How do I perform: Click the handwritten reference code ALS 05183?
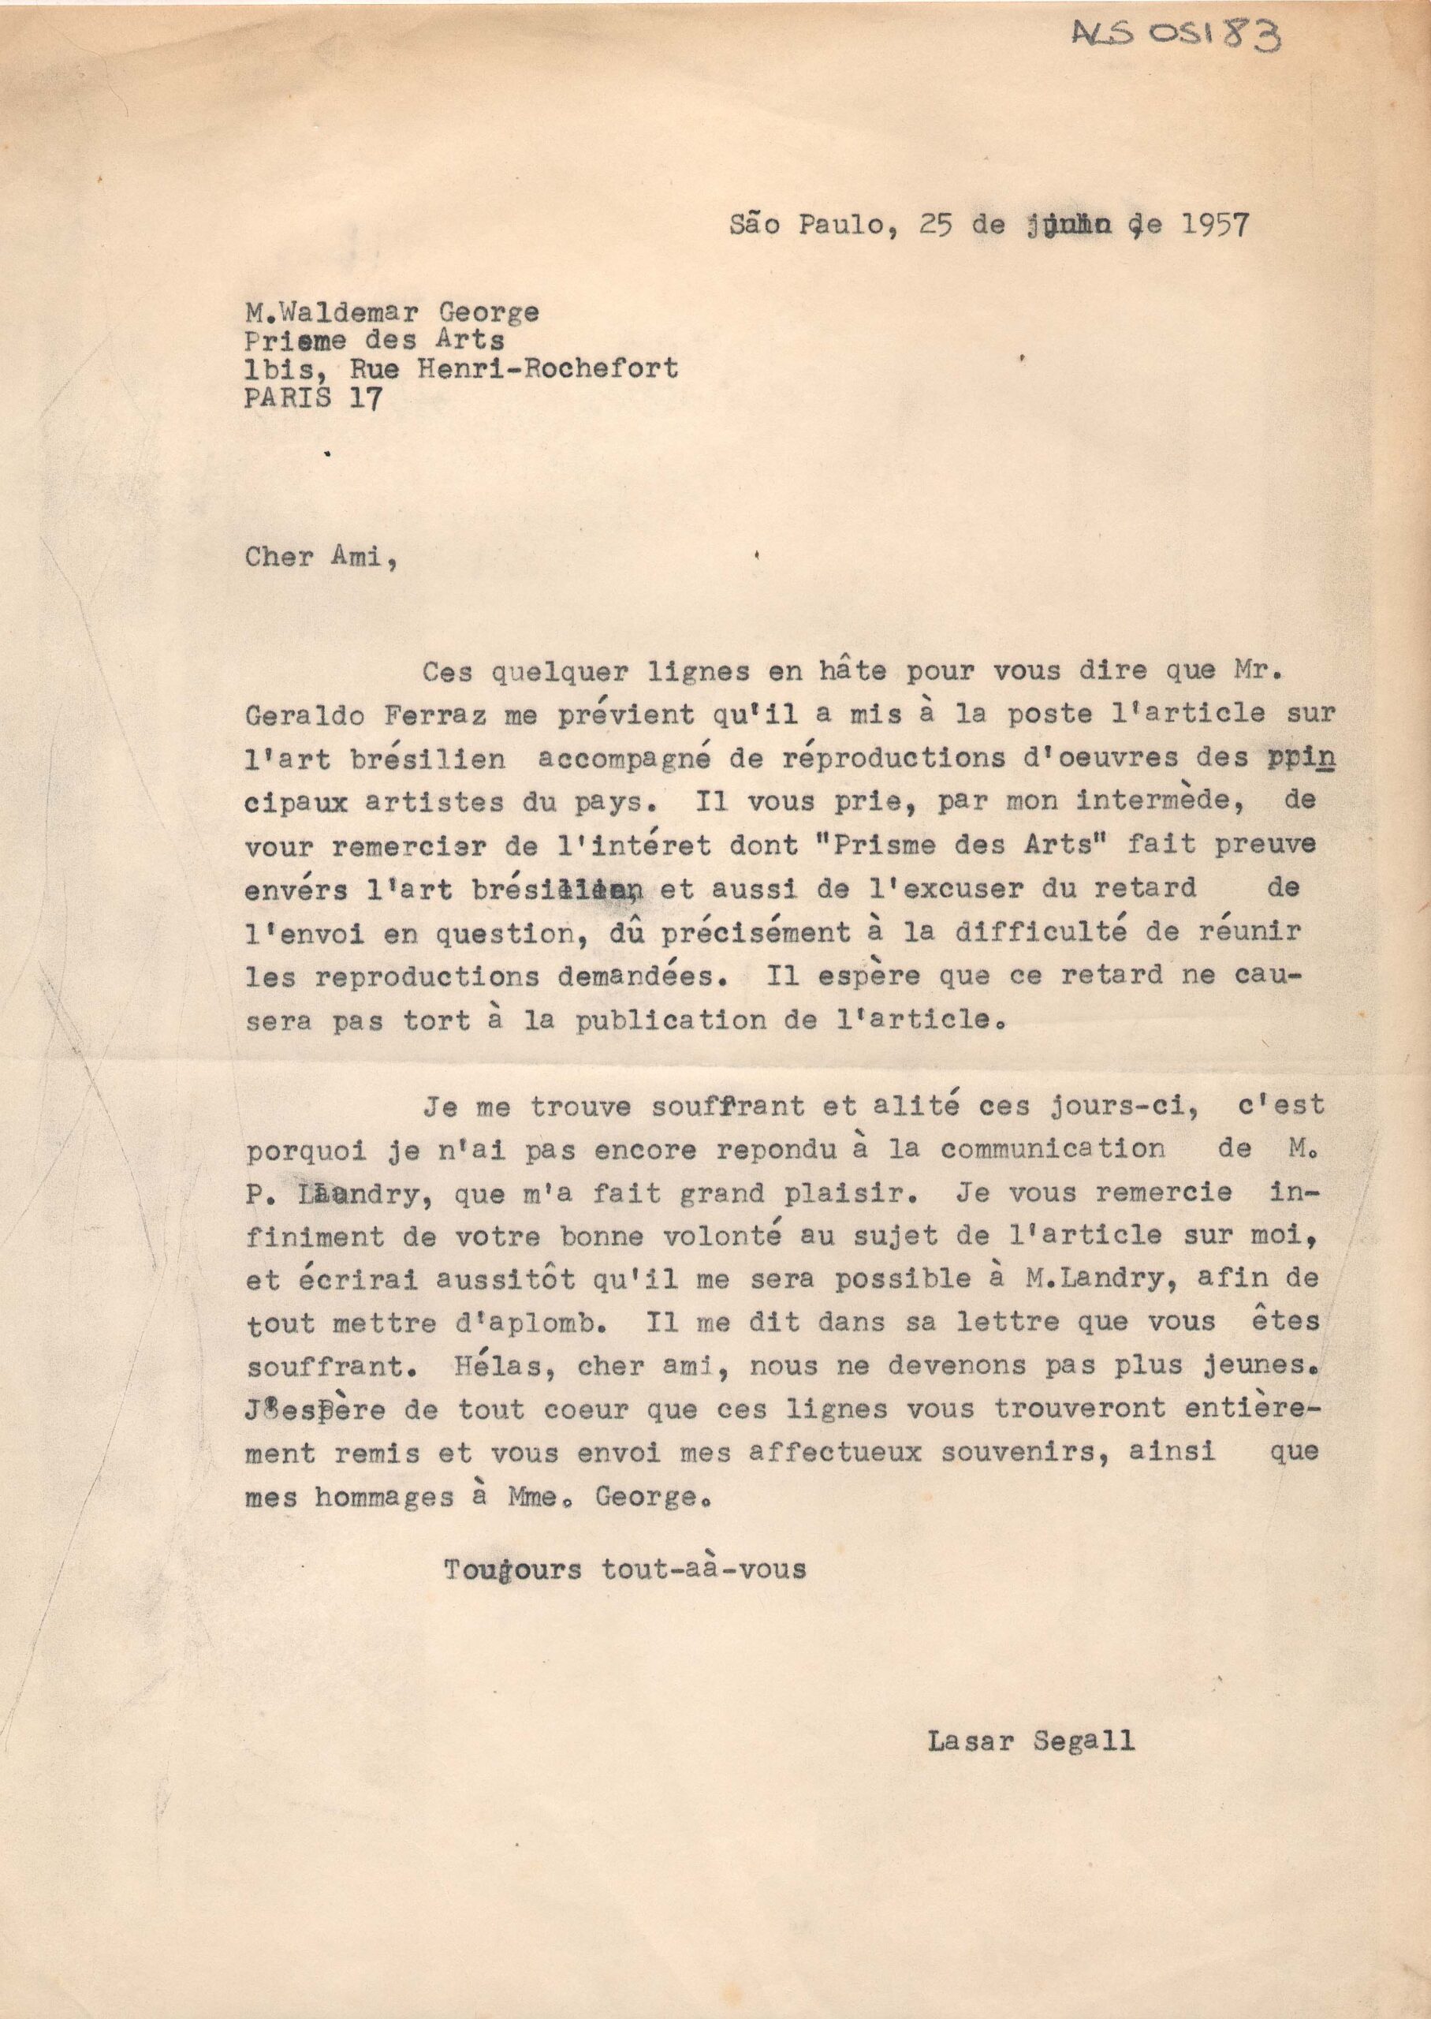coord(1175,37)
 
